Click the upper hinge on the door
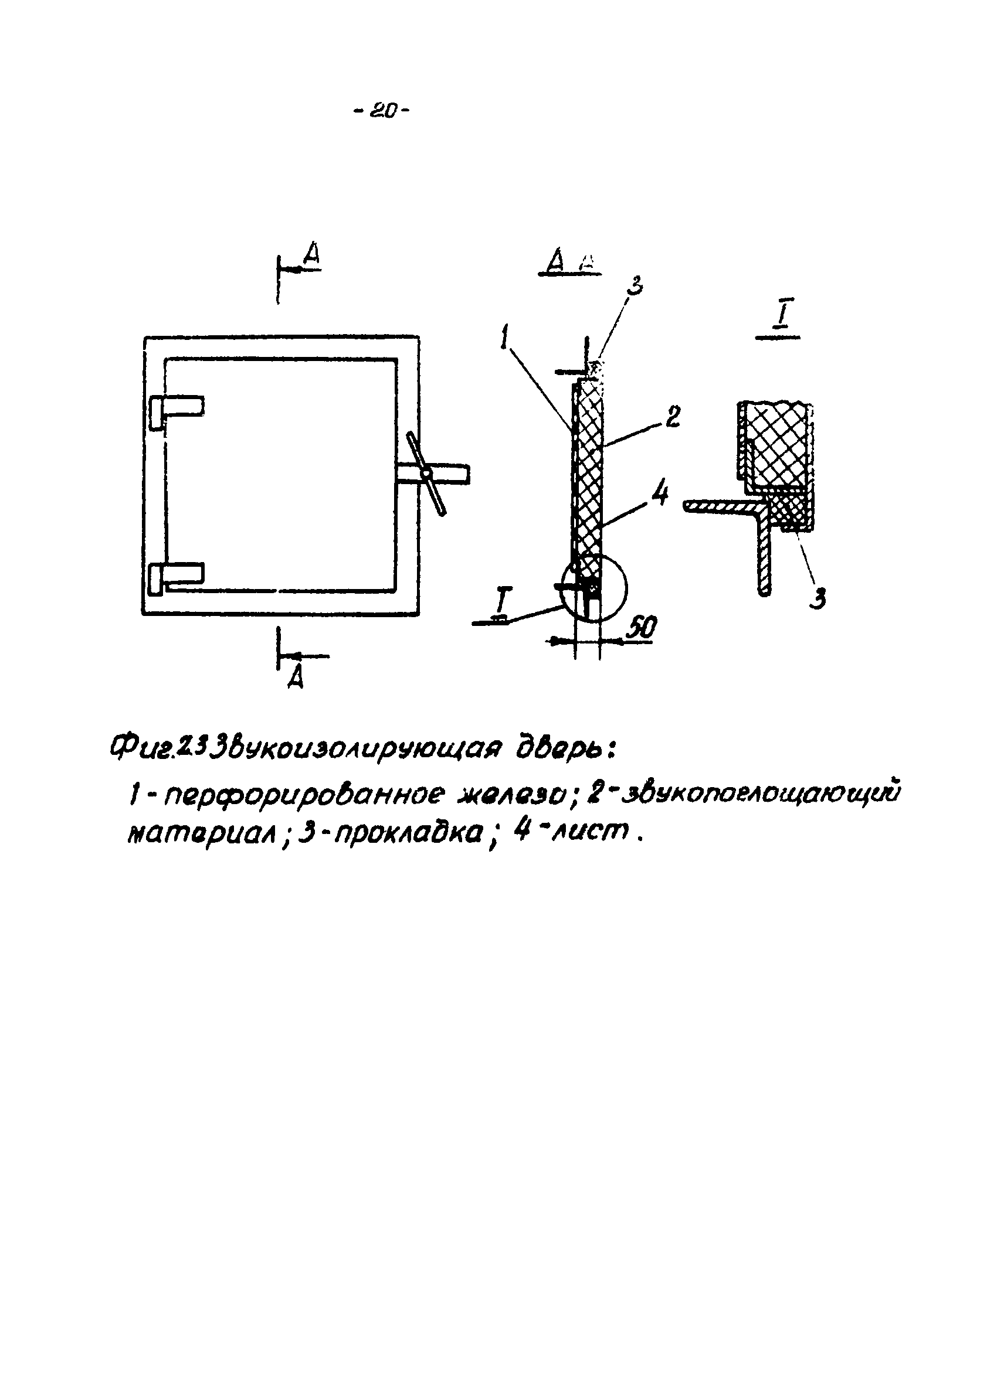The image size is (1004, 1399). coord(176,410)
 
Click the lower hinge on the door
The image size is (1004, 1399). coord(176,576)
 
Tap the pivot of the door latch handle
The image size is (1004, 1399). coord(425,473)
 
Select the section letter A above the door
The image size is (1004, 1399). coord(312,256)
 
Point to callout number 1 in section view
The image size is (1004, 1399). coord(506,338)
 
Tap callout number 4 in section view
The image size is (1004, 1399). coord(660,493)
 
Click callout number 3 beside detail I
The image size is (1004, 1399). coord(818,597)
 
